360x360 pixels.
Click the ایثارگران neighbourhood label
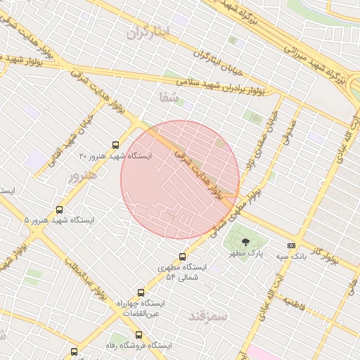click(150, 32)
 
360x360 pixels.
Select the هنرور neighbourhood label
click(82, 176)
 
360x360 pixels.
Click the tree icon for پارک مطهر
click(245, 243)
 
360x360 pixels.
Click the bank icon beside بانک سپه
click(291, 245)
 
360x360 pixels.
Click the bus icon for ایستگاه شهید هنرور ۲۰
click(116, 146)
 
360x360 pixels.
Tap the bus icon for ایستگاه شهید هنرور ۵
click(59, 210)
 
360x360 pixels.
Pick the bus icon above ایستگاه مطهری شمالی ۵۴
click(183, 257)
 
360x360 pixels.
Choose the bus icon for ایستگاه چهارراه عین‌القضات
click(141, 292)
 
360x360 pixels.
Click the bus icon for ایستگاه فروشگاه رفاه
click(139, 335)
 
